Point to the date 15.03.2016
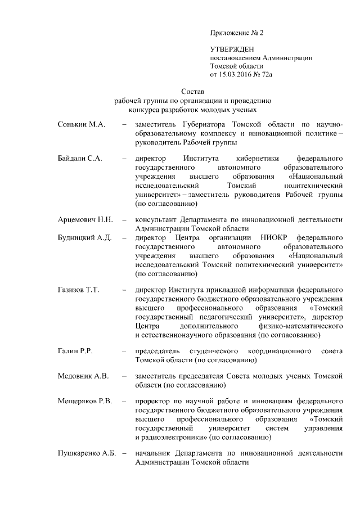click(x=236, y=74)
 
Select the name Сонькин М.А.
click(x=82, y=124)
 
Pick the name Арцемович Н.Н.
click(x=86, y=219)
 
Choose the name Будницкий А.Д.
click(x=85, y=238)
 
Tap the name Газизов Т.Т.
click(x=79, y=290)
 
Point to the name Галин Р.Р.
click(x=75, y=351)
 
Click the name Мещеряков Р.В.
click(x=86, y=401)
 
